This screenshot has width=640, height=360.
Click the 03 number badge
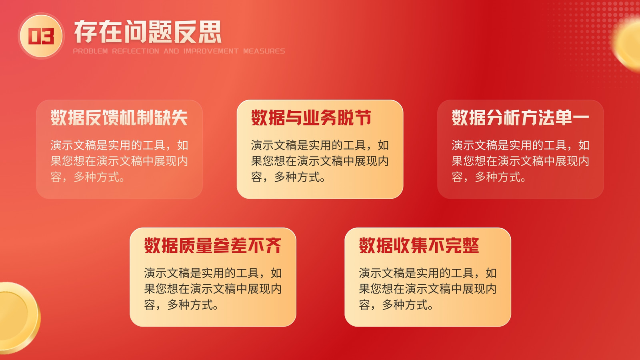pos(41,36)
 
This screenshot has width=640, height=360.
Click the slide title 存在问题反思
pos(148,32)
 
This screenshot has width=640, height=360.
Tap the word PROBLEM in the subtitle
pos(90,51)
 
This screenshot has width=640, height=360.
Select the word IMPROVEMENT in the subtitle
pos(211,51)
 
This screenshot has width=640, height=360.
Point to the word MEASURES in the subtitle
pos(264,51)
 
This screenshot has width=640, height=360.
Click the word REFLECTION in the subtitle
pos(136,51)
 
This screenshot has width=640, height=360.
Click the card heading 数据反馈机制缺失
pos(119,118)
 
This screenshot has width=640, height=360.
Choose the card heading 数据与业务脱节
pos(311,118)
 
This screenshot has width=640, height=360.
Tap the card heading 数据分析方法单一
pos(520,118)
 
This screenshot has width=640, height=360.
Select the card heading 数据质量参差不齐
pos(213,246)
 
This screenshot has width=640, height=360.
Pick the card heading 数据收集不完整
pos(419,246)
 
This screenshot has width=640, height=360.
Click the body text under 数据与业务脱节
pos(320,161)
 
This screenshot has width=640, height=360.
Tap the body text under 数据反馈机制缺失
pos(119,161)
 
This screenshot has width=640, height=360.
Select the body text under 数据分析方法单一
pos(520,161)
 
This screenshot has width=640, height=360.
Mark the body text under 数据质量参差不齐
pos(213,289)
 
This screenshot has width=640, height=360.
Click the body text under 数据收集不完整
pos(428,289)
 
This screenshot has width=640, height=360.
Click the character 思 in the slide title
pos(210,32)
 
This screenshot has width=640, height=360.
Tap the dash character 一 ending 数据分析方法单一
pos(580,118)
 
